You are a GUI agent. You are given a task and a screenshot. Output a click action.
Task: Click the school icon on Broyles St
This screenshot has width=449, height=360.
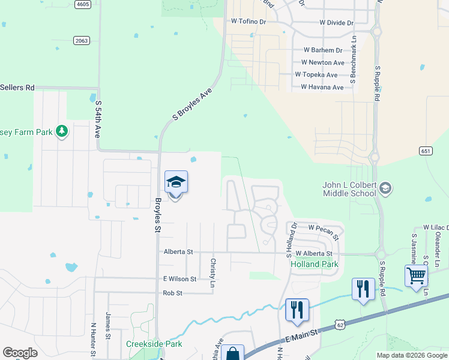pos(176,182)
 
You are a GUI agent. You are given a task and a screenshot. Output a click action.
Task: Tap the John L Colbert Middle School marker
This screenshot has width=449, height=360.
pos(385,189)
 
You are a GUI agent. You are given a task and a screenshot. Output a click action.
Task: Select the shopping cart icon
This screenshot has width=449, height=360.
pos(416,275)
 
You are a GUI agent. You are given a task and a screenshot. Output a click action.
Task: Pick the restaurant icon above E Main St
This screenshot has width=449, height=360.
pos(297,310)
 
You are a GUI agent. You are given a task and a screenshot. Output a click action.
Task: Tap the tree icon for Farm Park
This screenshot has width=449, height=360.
pos(61,131)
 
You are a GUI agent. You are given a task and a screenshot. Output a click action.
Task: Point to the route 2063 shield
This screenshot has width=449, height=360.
pos(82,40)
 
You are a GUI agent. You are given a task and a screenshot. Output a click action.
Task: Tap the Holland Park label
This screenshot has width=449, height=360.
pos(314,264)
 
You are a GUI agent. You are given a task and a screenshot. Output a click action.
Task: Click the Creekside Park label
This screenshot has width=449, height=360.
pos(154,344)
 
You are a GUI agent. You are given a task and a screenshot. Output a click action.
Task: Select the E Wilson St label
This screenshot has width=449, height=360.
pos(179,279)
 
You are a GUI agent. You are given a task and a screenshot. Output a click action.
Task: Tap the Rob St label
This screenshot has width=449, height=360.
pos(172,293)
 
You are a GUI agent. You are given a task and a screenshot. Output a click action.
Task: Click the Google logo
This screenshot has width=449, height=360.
pos(20,353)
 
